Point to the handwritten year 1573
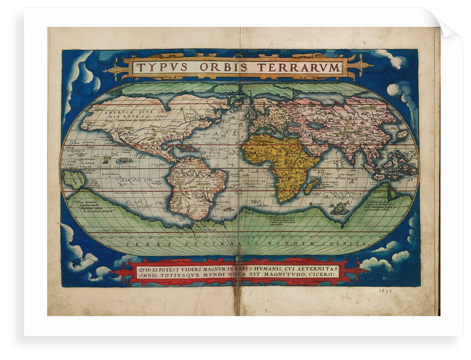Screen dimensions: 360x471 pyautogui.click(x=386, y=291)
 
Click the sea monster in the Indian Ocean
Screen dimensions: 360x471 pyautogui.click(x=338, y=209)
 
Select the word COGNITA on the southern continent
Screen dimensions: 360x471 pyautogui.click(x=349, y=244)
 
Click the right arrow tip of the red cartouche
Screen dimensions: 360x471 pyautogui.click(x=366, y=271)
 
